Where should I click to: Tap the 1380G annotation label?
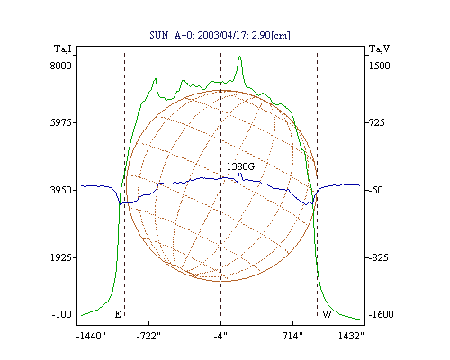(x=240, y=166)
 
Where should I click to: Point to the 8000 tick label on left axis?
(x=60, y=66)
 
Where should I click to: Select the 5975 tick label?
(x=60, y=122)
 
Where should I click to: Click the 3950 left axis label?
(x=60, y=190)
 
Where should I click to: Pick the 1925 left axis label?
(x=61, y=257)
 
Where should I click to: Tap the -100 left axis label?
(x=61, y=314)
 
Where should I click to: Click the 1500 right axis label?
(x=379, y=66)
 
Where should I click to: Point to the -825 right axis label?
(x=378, y=257)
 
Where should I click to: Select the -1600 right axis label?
(x=381, y=314)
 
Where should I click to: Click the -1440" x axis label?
(x=91, y=336)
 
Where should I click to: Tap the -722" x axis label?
(x=148, y=336)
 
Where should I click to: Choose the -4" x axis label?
(x=220, y=336)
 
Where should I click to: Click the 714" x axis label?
(x=293, y=336)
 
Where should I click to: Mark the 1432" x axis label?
(x=351, y=336)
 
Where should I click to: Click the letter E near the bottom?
(x=118, y=314)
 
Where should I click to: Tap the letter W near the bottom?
(x=327, y=314)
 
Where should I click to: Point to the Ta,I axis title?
(x=63, y=49)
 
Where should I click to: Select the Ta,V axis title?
(x=380, y=49)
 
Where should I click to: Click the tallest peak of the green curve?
(x=239, y=56)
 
